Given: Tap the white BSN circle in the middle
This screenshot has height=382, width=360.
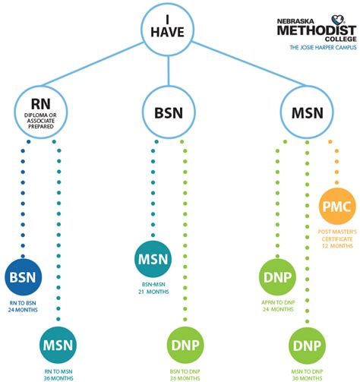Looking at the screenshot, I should (x=167, y=113).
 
